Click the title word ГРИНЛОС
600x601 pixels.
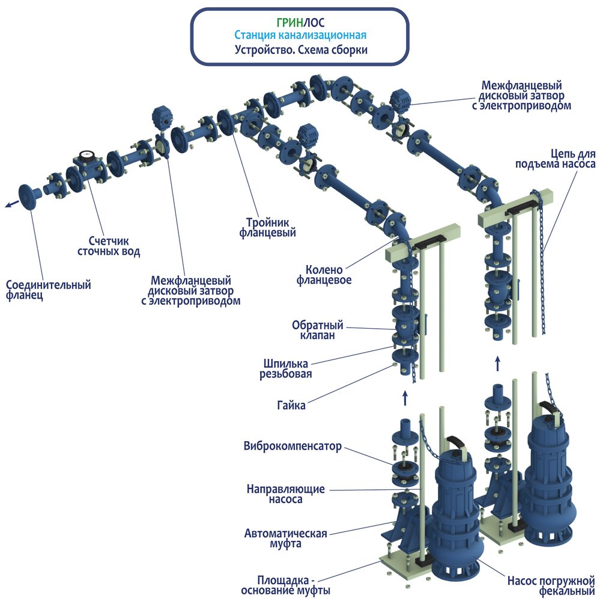tap(300, 23)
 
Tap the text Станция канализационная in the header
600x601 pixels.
tap(300, 36)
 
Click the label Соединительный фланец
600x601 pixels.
tap(48, 290)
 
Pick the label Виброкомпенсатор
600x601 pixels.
tap(292, 447)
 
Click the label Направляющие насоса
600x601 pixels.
tap(285, 494)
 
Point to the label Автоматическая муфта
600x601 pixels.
tap(285, 538)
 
